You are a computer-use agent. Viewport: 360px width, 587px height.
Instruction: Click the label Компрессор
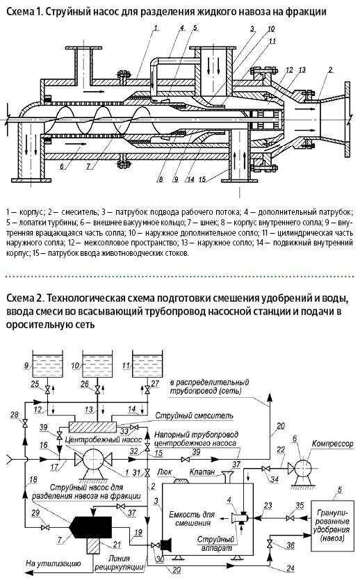pyautogui.click(x=333, y=444)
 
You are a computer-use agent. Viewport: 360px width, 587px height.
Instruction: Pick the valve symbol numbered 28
pyautogui.click(x=25, y=424)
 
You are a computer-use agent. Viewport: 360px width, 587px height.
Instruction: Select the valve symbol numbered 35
pyautogui.click(x=289, y=518)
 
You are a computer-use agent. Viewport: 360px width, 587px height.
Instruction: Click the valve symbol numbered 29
pyautogui.click(x=45, y=527)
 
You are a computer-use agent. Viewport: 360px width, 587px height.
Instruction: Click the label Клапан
pyautogui.click(x=202, y=472)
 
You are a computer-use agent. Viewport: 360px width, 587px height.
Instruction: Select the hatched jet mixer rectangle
pyautogui.click(x=92, y=427)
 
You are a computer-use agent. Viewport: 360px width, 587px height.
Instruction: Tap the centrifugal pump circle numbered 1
pyautogui.click(x=93, y=459)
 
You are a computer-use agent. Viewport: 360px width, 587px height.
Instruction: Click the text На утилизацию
pyautogui.click(x=53, y=563)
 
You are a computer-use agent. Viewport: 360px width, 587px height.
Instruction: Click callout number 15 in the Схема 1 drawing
pyautogui.click(x=202, y=179)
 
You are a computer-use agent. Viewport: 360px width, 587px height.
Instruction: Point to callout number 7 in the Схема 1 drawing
pyautogui.click(x=89, y=166)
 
